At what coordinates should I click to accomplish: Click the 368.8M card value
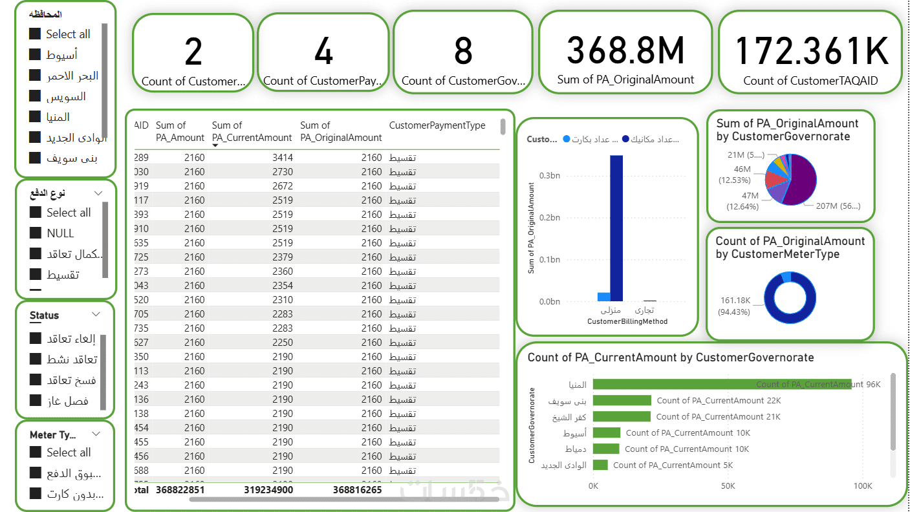625,50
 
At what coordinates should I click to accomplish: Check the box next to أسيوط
35,55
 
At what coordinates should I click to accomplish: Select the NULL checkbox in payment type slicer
35,233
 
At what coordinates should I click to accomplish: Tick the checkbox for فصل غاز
35,401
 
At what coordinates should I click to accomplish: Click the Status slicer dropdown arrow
96,315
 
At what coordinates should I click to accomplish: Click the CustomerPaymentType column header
437,125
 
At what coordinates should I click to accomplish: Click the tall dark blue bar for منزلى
616,228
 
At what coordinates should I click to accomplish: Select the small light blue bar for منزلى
603,297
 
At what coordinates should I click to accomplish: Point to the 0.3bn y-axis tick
550,175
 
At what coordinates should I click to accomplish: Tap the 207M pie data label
832,206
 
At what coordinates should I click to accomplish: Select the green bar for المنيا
721,384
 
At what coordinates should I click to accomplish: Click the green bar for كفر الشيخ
622,417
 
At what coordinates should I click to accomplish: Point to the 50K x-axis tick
728,485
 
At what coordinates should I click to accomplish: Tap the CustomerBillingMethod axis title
627,321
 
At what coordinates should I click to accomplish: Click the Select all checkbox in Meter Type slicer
35,453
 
